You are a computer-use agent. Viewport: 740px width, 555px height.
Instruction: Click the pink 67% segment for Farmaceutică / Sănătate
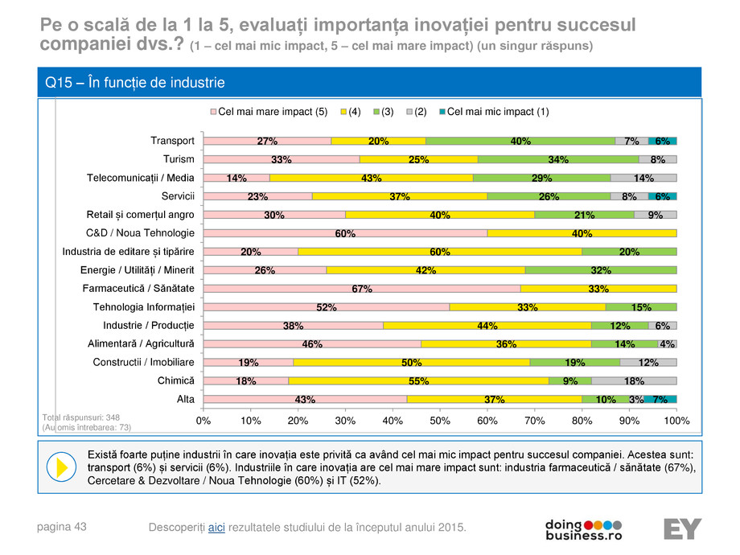[362, 288]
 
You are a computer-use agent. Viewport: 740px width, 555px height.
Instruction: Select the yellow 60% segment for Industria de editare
[440, 251]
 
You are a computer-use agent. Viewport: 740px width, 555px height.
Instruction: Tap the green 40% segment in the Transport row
[520, 141]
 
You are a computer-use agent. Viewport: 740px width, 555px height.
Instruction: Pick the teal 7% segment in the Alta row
[660, 399]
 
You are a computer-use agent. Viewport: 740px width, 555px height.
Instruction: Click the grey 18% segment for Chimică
[635, 380]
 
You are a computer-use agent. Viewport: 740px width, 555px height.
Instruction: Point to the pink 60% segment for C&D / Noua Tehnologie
[345, 233]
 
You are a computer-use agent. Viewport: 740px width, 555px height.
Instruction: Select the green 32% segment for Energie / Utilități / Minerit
[601, 269]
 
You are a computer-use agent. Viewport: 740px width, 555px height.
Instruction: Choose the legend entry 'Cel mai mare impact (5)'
[269, 112]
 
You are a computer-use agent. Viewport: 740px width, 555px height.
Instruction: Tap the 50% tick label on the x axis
[440, 420]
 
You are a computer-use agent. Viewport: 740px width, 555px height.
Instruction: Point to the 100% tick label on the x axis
[676, 420]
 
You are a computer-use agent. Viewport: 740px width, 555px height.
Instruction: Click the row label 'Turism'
[179, 159]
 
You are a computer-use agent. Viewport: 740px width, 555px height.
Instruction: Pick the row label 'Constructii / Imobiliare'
[144, 362]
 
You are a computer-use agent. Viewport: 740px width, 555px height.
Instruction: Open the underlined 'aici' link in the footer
[216, 527]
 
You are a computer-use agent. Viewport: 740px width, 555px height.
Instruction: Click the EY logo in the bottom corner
[683, 528]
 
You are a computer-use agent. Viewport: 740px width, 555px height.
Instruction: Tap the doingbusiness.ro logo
[584, 528]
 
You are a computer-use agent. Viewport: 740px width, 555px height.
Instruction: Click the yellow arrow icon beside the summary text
[61, 467]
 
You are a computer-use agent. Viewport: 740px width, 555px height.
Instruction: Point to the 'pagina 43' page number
[63, 527]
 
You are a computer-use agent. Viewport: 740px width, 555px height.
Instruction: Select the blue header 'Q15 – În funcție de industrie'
[135, 83]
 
